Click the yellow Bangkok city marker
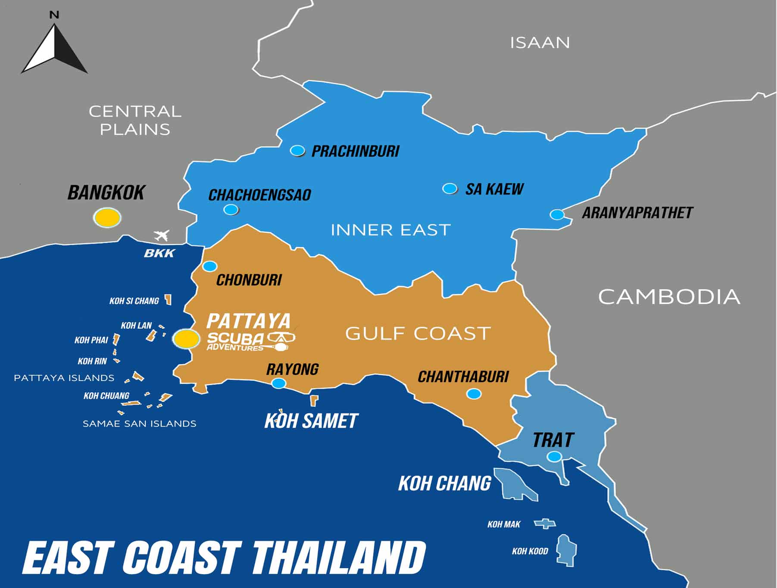point(107,217)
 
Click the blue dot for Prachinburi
point(297,150)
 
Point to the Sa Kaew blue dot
point(450,189)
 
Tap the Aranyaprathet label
point(637,213)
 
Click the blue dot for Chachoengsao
point(231,210)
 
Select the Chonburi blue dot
point(210,266)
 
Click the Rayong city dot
point(279,383)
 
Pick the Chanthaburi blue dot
point(474,393)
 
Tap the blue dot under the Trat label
point(554,456)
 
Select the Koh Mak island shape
point(545,524)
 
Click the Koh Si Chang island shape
point(169,300)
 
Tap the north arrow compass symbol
point(55,50)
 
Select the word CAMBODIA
point(669,297)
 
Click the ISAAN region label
point(540,43)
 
